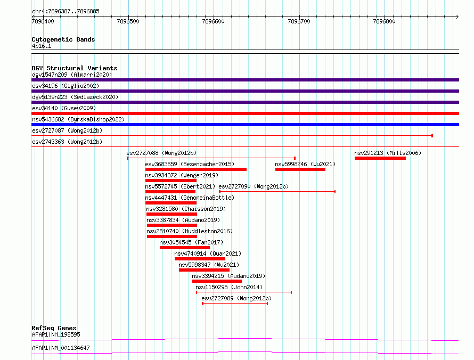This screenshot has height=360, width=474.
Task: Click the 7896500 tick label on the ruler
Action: [x=128, y=21]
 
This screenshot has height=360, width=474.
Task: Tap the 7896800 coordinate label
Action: [x=384, y=21]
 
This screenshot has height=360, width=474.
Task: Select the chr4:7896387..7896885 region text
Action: [x=66, y=12]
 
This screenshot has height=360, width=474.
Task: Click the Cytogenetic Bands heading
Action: [x=63, y=39]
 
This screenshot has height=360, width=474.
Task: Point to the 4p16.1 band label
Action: [x=42, y=46]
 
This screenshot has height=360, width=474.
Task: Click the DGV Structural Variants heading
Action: [x=75, y=68]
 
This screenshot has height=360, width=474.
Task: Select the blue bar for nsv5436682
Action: [x=245, y=125]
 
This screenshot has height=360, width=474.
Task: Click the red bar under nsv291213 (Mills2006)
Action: [x=380, y=158]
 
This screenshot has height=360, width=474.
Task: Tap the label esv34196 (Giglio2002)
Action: [x=66, y=86]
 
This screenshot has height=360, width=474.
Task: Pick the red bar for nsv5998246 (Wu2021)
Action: [x=300, y=169]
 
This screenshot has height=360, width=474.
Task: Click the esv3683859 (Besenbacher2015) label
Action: [x=190, y=164]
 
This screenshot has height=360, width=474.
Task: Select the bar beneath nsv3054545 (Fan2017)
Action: [x=185, y=248]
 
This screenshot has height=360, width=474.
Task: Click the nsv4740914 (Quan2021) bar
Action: [x=200, y=259]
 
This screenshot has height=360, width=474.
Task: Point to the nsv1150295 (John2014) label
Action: [x=229, y=287]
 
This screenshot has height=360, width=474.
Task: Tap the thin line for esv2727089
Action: [x=235, y=304]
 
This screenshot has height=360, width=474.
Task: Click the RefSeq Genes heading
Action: [x=54, y=328]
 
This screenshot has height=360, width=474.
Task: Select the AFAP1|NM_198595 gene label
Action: [x=56, y=334]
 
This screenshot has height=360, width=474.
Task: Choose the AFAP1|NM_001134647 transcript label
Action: [x=61, y=348]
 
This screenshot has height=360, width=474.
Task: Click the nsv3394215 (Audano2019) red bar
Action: [x=217, y=281]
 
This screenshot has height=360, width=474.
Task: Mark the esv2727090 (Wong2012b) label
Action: [x=254, y=186]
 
